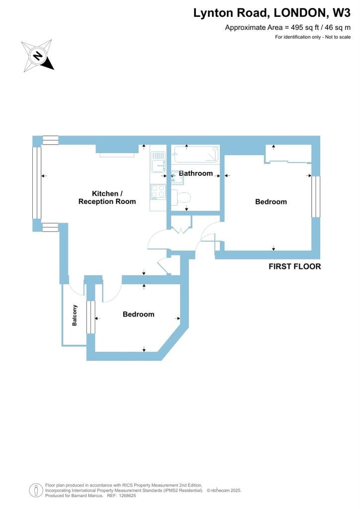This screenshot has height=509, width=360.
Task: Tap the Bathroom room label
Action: click(196, 173)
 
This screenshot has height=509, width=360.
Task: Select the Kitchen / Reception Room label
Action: click(107, 197)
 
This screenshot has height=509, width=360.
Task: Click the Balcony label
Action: click(75, 315)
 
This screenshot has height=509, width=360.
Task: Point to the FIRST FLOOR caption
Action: click(295, 266)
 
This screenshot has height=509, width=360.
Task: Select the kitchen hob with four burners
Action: click(158, 191)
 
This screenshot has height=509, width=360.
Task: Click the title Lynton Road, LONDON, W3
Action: click(275, 13)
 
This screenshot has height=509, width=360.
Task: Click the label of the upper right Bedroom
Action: click(271, 202)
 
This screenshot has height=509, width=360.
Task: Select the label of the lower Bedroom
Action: click(138, 314)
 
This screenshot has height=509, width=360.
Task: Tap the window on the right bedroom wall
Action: click(314, 196)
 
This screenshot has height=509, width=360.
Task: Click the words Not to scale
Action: click(338, 37)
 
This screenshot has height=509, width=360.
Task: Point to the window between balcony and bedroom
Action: click(90, 317)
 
